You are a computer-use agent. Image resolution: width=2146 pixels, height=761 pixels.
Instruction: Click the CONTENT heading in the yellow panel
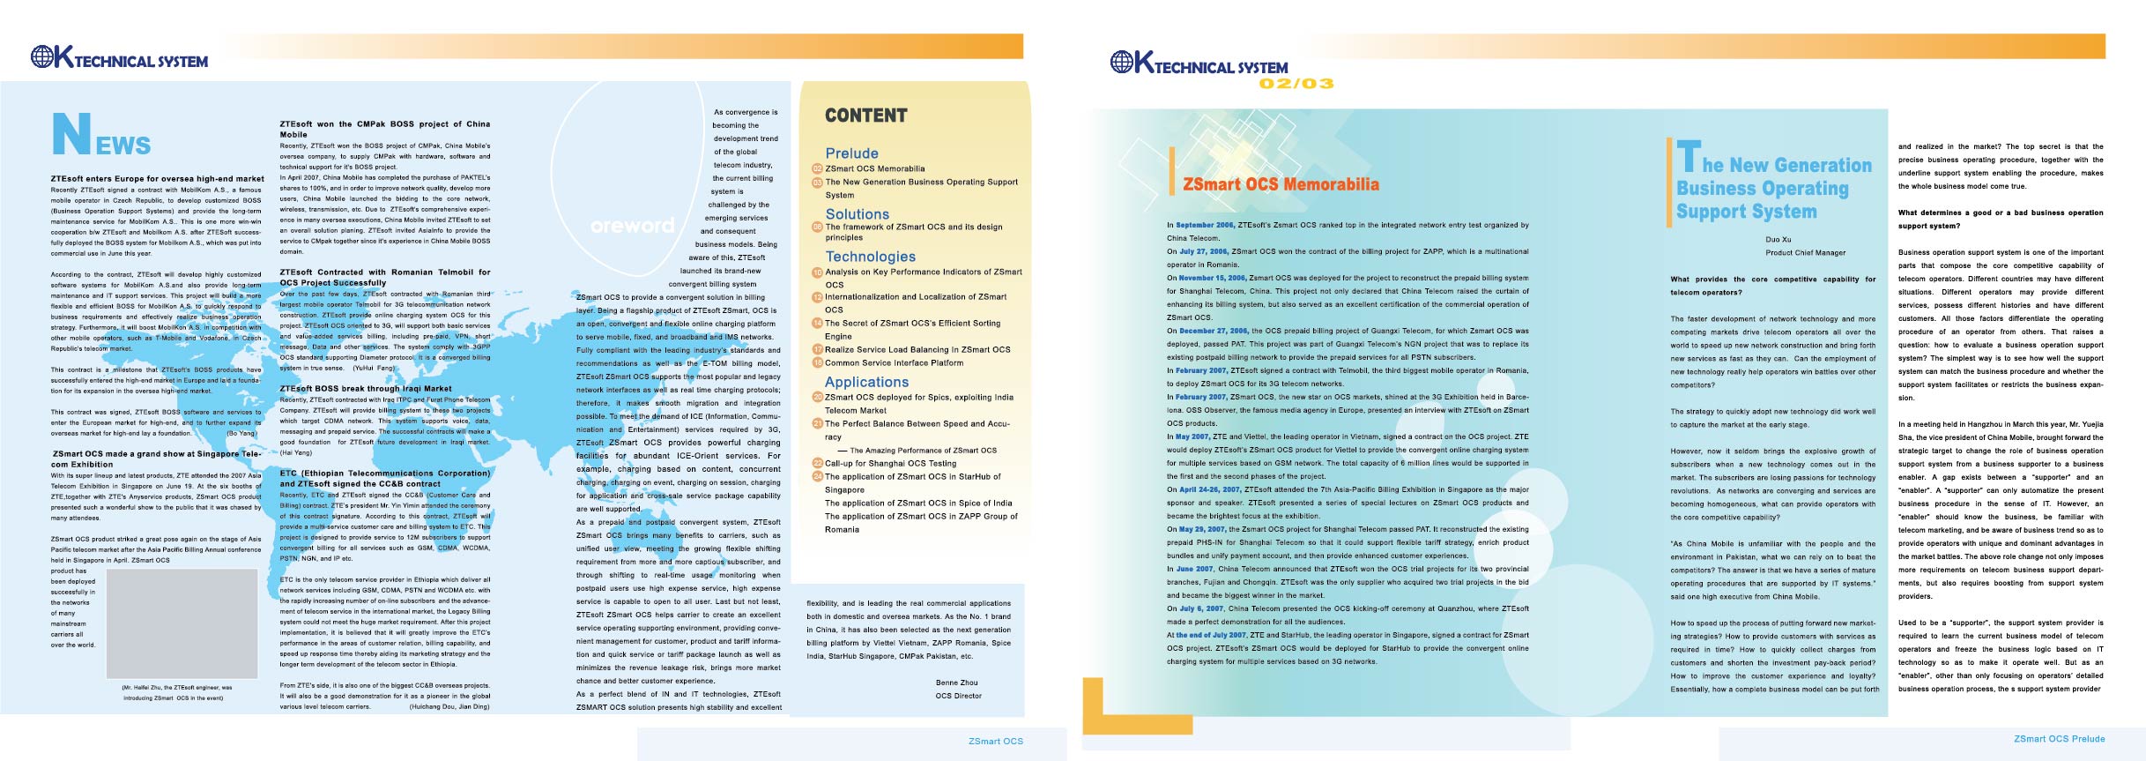865,116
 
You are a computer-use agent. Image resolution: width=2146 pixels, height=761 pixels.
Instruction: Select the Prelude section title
851,153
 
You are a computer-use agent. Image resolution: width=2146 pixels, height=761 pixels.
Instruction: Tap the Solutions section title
857,214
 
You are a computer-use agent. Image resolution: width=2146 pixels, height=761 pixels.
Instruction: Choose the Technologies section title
870,257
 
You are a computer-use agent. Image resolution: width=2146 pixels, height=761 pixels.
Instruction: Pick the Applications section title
866,382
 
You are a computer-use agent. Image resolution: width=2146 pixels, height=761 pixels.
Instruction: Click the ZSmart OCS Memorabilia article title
1281,184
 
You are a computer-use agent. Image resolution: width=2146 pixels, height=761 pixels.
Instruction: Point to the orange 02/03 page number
1296,84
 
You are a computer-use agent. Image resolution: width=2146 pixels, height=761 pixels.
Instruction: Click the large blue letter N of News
71,134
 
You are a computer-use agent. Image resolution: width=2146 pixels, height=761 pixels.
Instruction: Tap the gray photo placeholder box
181,623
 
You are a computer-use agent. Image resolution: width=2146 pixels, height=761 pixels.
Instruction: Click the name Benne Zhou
956,683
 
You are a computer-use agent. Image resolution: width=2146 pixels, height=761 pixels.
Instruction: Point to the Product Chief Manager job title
1805,253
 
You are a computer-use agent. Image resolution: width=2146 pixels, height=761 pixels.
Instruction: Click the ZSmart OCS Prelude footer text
2059,739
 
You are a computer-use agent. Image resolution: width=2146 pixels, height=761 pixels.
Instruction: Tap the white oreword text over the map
632,226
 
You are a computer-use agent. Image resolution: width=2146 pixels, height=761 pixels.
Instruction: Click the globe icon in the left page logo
42,57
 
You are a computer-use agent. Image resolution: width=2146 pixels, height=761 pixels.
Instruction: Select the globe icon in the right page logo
1122,62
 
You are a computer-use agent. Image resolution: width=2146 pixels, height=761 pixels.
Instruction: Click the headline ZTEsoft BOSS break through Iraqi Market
365,388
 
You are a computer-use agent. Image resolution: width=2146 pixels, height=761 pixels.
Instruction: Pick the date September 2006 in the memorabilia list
1205,225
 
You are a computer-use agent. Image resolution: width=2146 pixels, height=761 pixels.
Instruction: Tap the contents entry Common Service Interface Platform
894,363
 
